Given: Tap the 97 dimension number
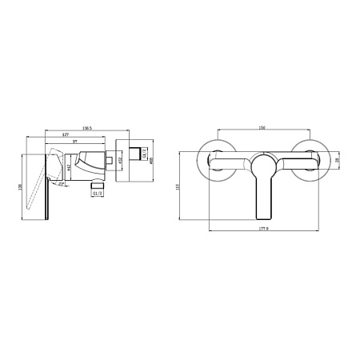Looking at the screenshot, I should click(x=75, y=142).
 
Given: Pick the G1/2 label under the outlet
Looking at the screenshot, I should click(x=98, y=193).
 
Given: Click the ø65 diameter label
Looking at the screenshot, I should click(x=152, y=158).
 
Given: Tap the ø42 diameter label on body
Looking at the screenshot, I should click(x=70, y=167).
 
